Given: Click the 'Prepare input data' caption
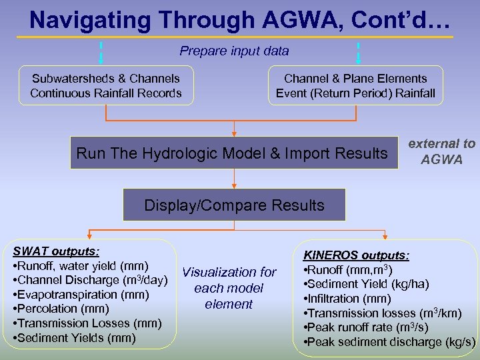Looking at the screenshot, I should click(234, 51).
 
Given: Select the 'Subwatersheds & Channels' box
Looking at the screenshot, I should click(106, 86).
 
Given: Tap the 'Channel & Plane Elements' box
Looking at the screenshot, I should click(355, 86).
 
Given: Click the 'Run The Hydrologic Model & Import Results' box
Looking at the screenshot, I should click(232, 153).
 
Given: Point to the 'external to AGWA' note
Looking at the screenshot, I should click(441, 152).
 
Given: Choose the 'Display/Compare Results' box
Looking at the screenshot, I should click(234, 205).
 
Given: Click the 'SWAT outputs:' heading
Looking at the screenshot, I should click(57, 251).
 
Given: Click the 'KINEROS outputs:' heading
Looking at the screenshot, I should click(356, 255).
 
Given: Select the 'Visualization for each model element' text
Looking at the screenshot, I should click(229, 288).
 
